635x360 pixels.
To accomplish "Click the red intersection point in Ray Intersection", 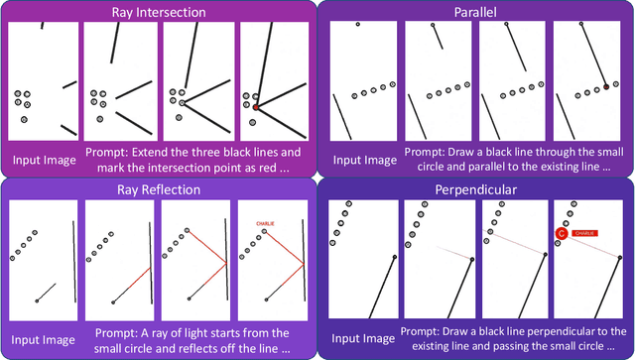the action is [255, 106].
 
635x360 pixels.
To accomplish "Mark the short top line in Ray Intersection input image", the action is [42, 25].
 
